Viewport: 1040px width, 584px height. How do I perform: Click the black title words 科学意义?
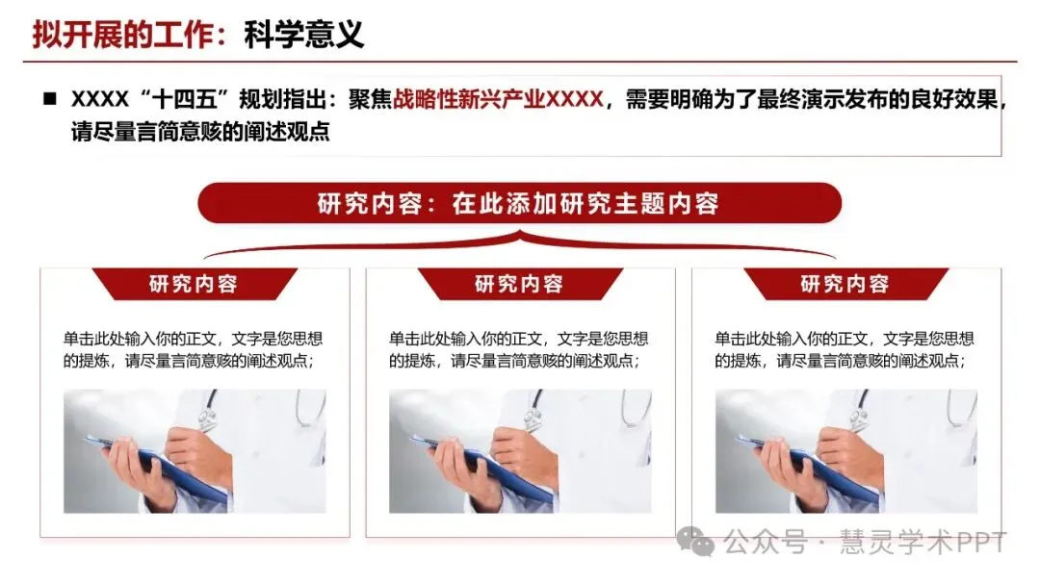(x=303, y=35)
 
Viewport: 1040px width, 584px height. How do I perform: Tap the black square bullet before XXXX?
(x=49, y=99)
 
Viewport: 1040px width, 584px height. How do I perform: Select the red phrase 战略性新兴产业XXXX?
(x=498, y=99)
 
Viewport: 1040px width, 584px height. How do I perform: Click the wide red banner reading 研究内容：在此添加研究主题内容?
(x=519, y=204)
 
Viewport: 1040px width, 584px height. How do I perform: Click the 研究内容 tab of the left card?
(x=194, y=284)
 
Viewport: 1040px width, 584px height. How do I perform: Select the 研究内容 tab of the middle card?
(x=519, y=284)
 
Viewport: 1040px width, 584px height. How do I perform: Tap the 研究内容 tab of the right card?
(x=845, y=284)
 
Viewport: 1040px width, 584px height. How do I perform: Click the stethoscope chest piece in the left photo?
(x=208, y=417)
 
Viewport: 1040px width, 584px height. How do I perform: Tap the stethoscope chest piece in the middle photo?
(x=533, y=417)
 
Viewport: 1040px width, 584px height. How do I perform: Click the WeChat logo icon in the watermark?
(x=695, y=543)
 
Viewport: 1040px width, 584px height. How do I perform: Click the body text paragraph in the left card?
(x=193, y=350)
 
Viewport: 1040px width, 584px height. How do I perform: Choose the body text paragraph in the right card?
(x=845, y=350)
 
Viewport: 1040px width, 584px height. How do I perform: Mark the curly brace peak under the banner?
(x=519, y=234)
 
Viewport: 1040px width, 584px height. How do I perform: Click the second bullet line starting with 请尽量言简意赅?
(x=200, y=132)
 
